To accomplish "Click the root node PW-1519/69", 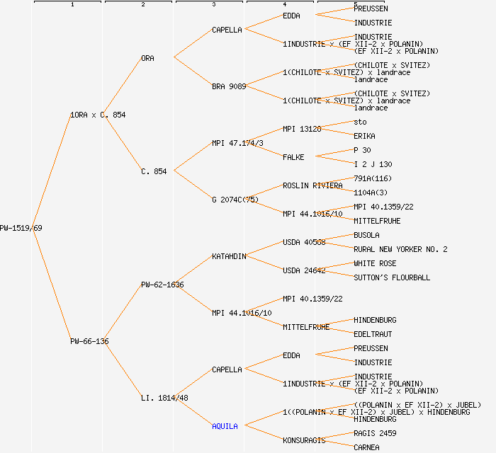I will click(x=21, y=228).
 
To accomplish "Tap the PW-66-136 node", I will click(x=89, y=341).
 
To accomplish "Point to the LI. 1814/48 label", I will click(x=164, y=398).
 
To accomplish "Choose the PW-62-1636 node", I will click(x=162, y=285).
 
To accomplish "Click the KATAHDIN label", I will click(x=229, y=256).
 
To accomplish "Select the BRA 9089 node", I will click(x=229, y=86).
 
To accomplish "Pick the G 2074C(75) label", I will click(x=235, y=200).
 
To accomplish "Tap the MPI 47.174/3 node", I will click(x=237, y=143).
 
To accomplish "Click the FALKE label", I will click(x=294, y=157).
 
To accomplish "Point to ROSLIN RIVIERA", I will click(x=312, y=185).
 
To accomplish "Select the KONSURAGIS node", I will click(x=304, y=440).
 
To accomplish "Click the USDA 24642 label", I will click(x=304, y=270).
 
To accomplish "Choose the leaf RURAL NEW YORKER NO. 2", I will click(x=400, y=249).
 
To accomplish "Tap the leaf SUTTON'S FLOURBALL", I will click(x=392, y=277).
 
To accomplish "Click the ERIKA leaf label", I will click(x=364, y=136).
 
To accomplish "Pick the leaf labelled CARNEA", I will click(x=366, y=447).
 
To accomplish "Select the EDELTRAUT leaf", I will click(x=373, y=334).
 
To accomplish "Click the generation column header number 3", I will click(x=213, y=5).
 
